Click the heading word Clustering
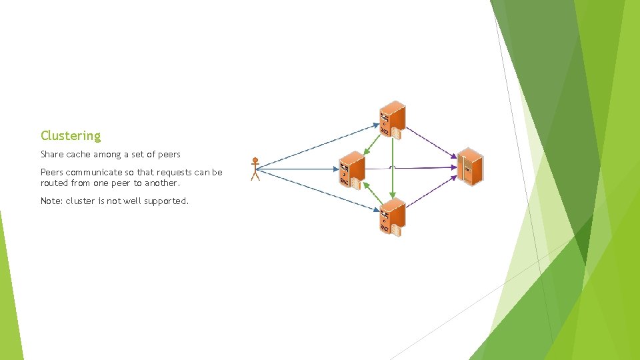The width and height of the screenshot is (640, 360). coord(71,136)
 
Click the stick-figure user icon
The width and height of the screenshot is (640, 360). coord(255,169)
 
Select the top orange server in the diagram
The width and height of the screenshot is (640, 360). coord(392,120)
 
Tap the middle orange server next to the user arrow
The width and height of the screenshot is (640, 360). coord(352,170)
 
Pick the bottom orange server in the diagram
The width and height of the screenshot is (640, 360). coord(392,217)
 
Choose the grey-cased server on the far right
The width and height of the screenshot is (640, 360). coord(470,165)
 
